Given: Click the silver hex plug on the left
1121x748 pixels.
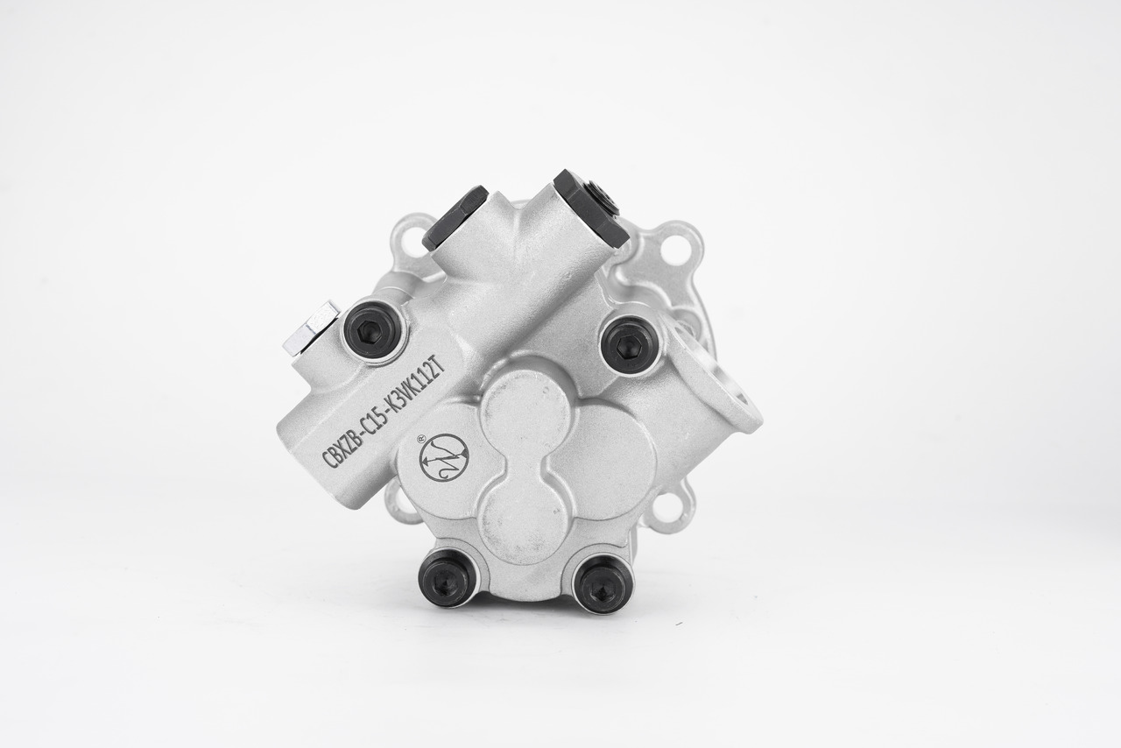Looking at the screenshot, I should [x=310, y=328].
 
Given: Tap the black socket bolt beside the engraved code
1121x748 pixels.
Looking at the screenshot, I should [x=372, y=330].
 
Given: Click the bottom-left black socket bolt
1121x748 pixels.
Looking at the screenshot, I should [x=448, y=577].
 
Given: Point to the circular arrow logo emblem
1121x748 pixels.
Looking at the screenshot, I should [x=444, y=457].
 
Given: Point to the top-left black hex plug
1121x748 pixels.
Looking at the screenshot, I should [x=455, y=217].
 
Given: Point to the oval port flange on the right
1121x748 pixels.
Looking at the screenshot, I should [x=723, y=385].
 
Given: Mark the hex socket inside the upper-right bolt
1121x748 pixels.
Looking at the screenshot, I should [x=627, y=346].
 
